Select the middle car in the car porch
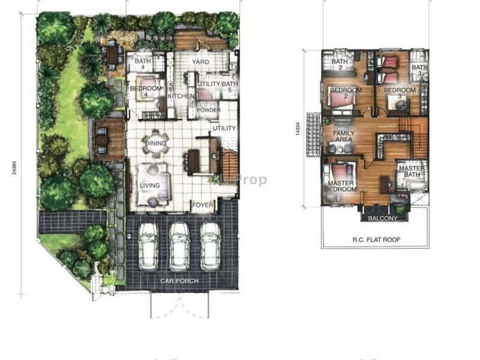coord(179,245)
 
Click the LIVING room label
coord(150,185)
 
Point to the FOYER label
coord(203,205)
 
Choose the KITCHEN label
coord(180,96)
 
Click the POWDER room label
coord(208,110)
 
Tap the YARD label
coord(200,62)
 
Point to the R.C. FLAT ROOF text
coord(376,240)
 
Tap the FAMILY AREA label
coord(344,137)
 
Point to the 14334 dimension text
coord(298,129)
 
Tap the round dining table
coord(155,144)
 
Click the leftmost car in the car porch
coord(148,245)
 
